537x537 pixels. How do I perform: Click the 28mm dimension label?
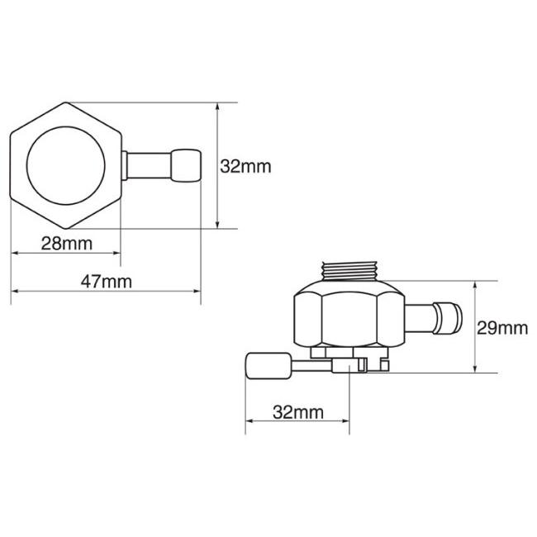click(x=67, y=244)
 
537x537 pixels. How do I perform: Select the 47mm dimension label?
click(x=107, y=282)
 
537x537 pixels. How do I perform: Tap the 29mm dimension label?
click(x=502, y=329)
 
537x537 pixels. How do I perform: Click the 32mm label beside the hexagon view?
click(x=245, y=166)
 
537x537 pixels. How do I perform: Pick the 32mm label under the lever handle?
click(x=298, y=412)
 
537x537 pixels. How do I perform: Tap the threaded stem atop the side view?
click(x=349, y=271)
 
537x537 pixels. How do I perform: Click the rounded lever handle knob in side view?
click(x=268, y=366)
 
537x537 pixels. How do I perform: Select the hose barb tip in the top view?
click(x=186, y=165)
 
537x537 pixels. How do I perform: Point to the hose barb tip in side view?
click(x=448, y=318)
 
